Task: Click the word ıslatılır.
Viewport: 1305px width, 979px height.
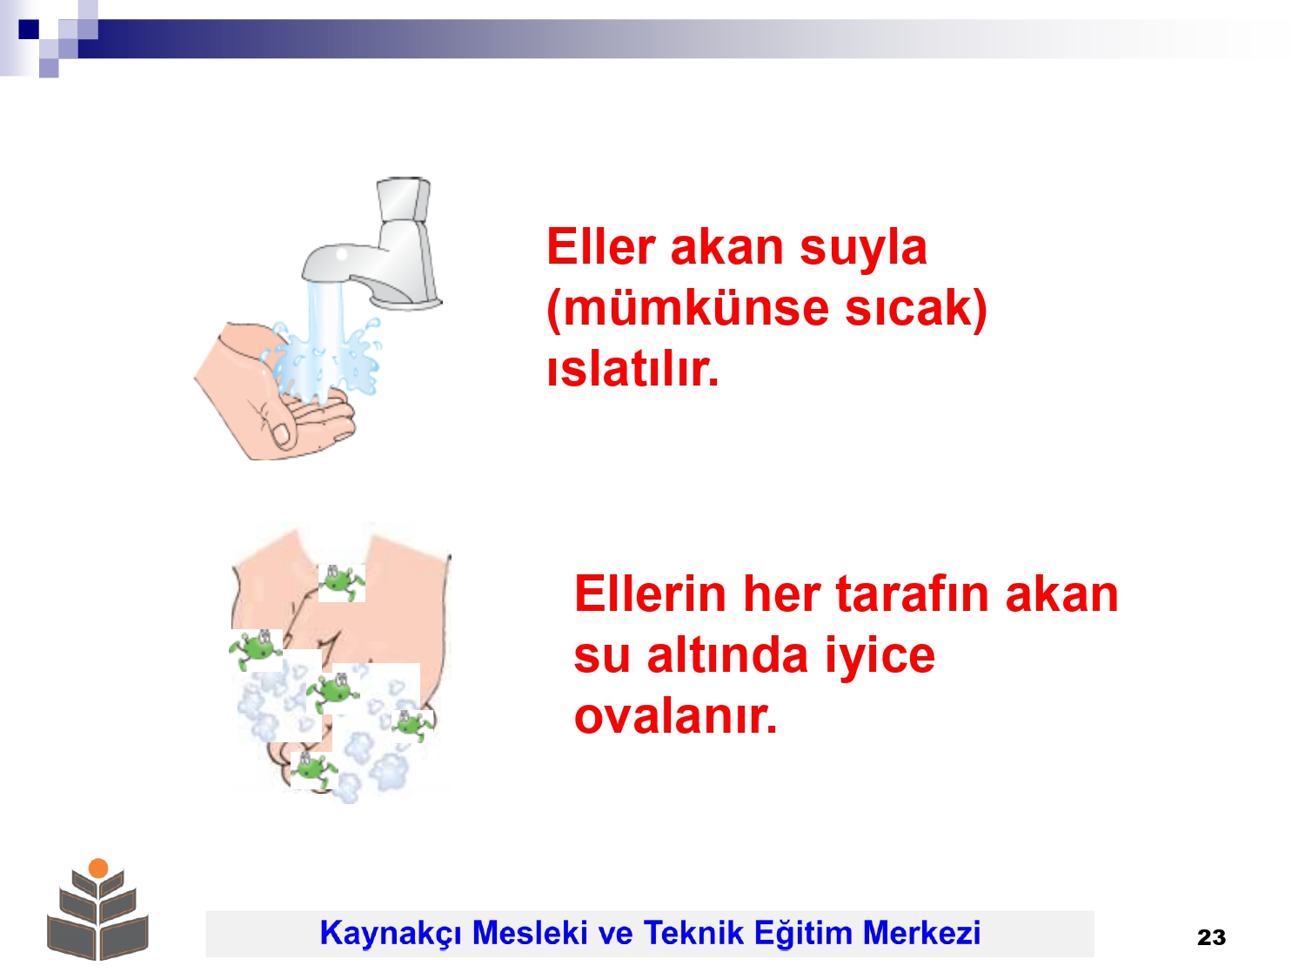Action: coord(632,368)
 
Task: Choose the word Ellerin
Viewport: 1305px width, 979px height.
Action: coord(651,593)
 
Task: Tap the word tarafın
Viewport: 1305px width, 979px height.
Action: coord(912,593)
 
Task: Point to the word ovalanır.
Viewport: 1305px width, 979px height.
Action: coord(675,716)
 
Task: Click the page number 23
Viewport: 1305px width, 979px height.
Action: coord(1211,937)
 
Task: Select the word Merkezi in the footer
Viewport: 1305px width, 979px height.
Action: coord(921,932)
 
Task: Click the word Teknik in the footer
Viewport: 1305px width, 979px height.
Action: coord(693,932)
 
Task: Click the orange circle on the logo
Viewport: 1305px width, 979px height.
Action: coord(98,868)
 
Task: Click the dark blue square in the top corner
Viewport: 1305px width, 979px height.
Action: coord(29,29)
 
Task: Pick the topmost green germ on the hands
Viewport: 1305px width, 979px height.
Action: coord(342,583)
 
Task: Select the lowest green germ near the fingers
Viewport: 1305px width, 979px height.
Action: coord(314,770)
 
